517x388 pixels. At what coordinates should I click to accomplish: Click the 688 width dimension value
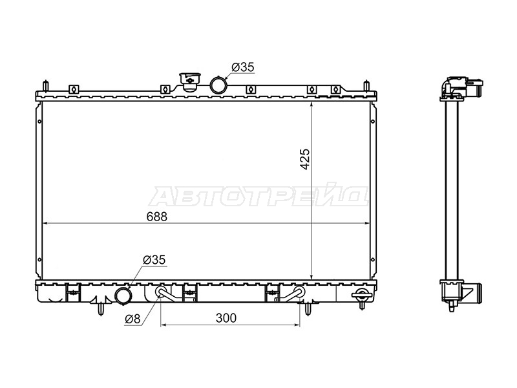157,217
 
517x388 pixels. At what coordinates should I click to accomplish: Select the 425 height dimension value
305,159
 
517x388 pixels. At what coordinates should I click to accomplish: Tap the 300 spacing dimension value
226,318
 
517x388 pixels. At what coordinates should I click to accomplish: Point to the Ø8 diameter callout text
132,319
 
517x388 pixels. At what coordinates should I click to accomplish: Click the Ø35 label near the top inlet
243,67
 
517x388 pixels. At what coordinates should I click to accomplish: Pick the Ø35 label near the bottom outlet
154,260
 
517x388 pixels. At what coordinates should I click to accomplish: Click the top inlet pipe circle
218,85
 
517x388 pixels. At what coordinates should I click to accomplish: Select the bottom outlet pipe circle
123,296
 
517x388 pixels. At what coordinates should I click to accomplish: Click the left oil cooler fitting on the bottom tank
162,292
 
